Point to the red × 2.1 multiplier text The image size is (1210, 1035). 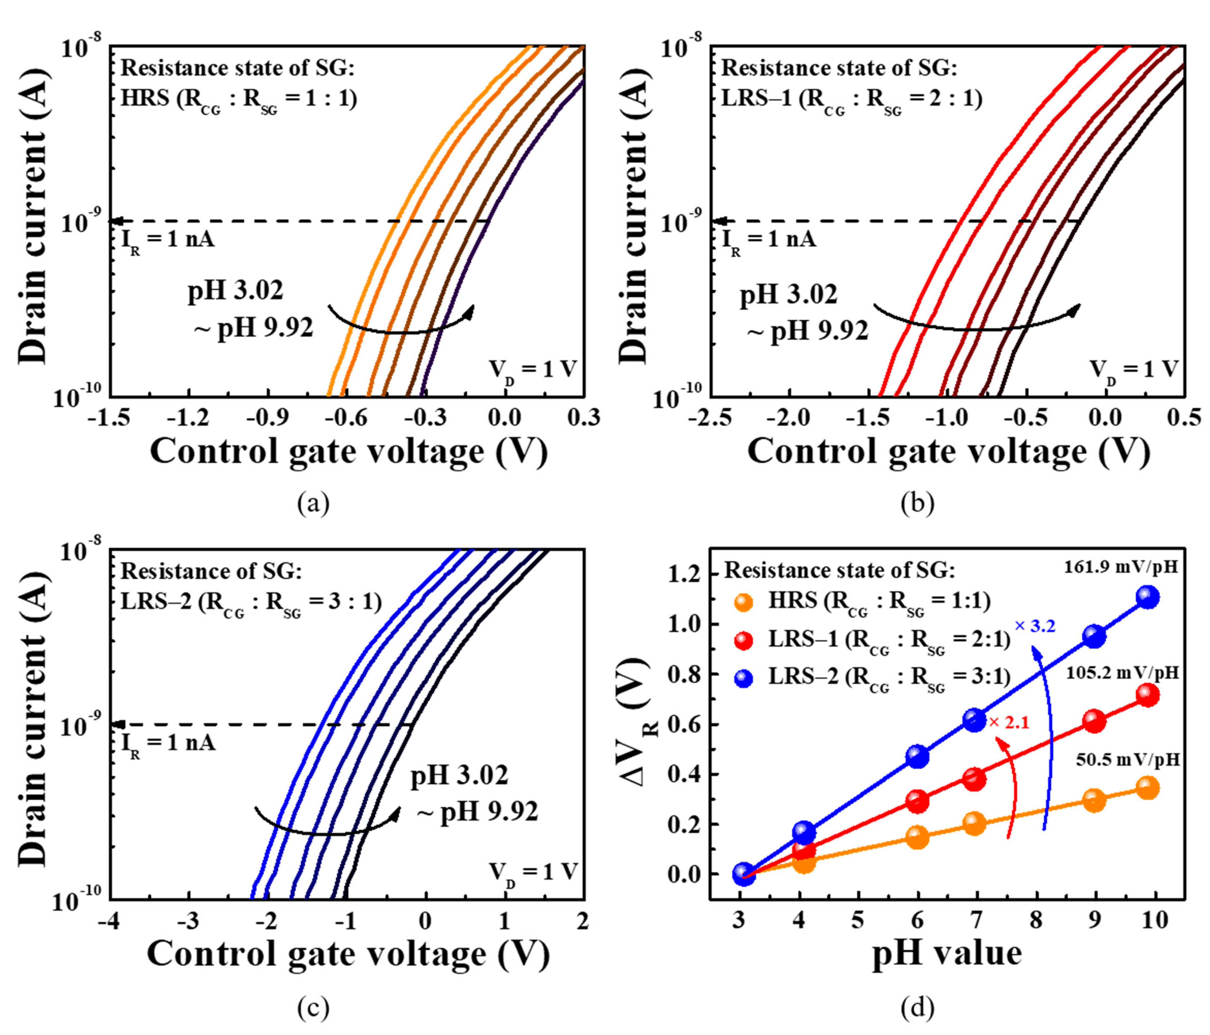coord(1009,723)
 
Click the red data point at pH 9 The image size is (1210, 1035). coord(1094,722)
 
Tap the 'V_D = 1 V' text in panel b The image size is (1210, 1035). coord(1132,369)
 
